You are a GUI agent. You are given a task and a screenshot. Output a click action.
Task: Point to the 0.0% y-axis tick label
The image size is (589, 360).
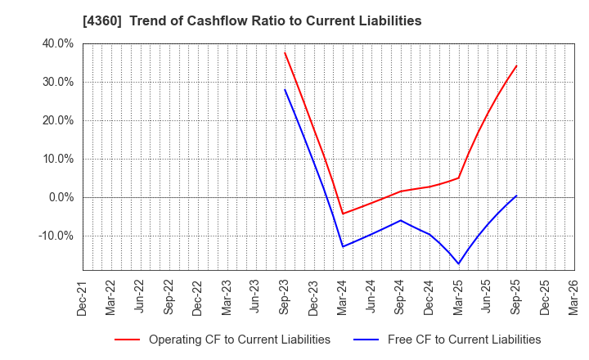click(x=60, y=197)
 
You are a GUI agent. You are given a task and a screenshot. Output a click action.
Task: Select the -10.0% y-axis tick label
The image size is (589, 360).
click(x=55, y=236)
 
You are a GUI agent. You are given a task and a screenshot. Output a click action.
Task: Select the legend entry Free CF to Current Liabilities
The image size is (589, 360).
click(x=465, y=340)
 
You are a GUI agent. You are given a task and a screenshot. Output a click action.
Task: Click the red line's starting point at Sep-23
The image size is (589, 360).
click(x=285, y=53)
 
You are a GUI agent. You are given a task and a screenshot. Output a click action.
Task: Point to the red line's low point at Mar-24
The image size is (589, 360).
click(x=343, y=214)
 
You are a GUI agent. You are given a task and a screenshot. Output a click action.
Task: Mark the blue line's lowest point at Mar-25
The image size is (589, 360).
click(x=458, y=263)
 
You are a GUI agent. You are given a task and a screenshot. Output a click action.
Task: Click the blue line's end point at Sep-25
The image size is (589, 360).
click(x=516, y=196)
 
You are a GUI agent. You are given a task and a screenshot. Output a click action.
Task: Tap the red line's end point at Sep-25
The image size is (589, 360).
click(x=516, y=66)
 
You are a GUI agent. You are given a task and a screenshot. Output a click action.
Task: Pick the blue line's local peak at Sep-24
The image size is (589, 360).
click(x=401, y=220)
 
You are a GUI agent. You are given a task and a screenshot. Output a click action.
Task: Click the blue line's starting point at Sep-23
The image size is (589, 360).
click(x=285, y=89)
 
